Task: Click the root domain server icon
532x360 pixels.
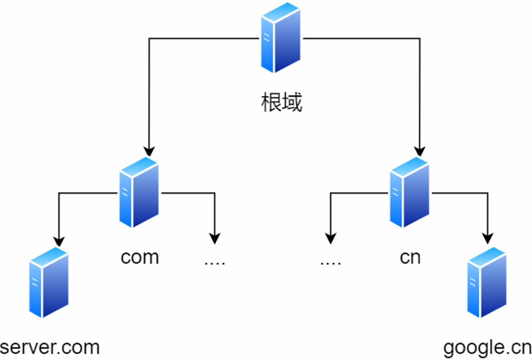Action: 281,38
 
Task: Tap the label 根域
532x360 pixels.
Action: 281,103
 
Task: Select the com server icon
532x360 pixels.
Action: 139,192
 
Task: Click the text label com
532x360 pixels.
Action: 140,257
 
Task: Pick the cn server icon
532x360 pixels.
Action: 410,192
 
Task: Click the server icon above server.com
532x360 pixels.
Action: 49,283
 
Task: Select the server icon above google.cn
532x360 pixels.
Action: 487,283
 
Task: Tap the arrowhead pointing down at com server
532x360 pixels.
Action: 149,152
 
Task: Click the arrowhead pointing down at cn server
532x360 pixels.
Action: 420,152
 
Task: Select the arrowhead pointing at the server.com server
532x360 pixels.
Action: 59,241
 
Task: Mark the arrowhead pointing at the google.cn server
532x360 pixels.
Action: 488,239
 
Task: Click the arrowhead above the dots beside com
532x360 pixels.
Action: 215,239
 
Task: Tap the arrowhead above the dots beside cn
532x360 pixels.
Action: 331,239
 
